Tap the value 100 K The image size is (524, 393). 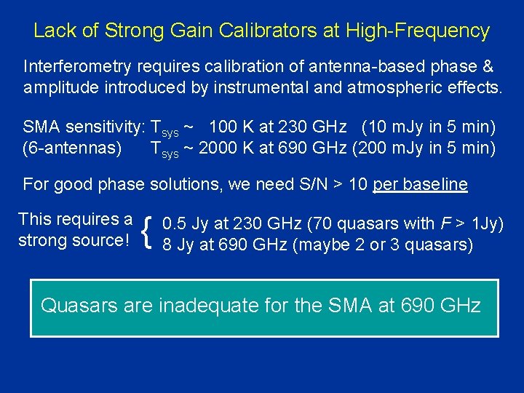click(234, 128)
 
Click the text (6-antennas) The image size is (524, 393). click(72, 149)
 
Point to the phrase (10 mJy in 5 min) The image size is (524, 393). click(429, 128)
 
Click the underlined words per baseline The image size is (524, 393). click(420, 184)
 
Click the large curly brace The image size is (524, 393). click(149, 232)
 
